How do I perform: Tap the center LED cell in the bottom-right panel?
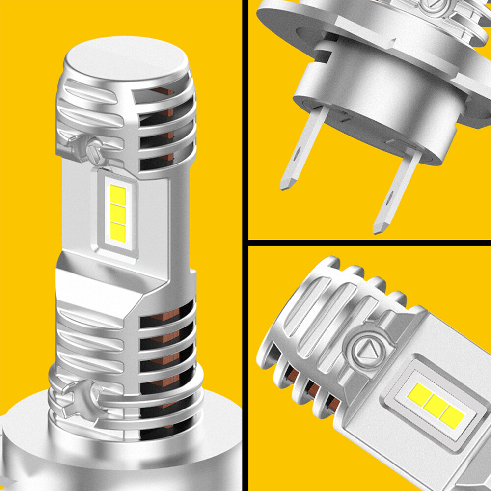point(435,403)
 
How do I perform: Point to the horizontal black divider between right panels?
point(368,243)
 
